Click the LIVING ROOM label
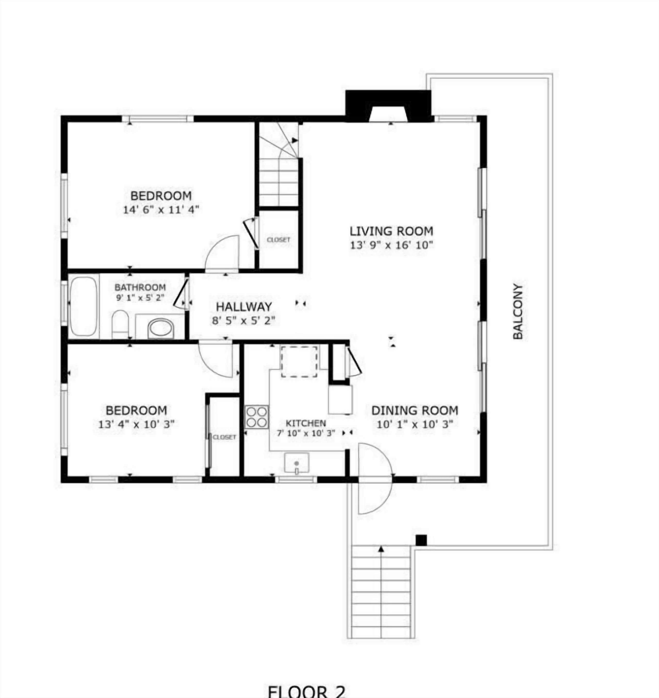[391, 231]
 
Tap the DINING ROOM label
[414, 410]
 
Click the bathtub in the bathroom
[84, 306]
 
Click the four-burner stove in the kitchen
[256, 417]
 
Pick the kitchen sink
[297, 463]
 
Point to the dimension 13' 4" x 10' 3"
[136, 424]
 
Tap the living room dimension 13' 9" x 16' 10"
[391, 245]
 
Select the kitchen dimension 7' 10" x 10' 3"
[306, 433]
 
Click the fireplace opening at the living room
[388, 113]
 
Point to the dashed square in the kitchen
[299, 361]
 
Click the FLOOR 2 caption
[306, 691]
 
